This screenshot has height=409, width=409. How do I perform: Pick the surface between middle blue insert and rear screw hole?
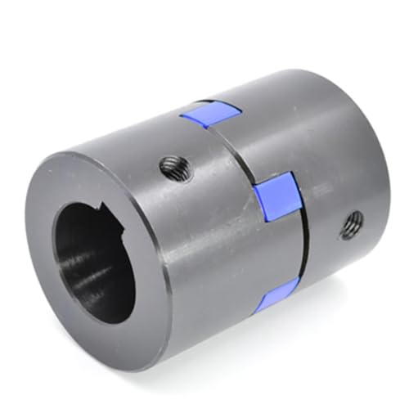coord(315,209)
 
